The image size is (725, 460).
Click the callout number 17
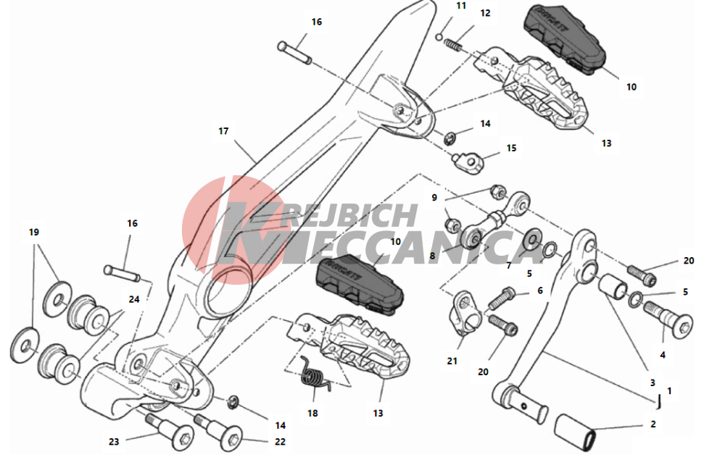pos(223,131)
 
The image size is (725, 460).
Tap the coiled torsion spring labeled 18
pos(315,373)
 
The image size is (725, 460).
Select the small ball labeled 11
pos(440,36)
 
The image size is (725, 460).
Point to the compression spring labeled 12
pos(453,45)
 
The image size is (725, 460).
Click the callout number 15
pos(511,149)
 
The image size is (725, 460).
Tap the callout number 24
pos(134,299)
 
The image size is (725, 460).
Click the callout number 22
pos(280,442)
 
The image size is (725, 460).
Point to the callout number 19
pos(34,233)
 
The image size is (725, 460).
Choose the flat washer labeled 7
pos(533,241)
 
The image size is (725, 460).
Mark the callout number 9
pos(434,198)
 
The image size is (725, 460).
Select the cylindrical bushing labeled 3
pos(613,285)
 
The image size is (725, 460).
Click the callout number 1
pos(669,391)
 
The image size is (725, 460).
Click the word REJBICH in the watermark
pos(349,216)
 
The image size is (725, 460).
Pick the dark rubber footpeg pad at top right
pos(565,38)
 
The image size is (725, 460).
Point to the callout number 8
pos(432,256)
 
